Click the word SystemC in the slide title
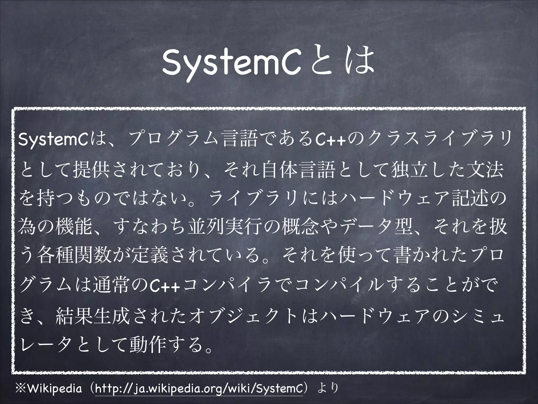pyautogui.click(x=231, y=64)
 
